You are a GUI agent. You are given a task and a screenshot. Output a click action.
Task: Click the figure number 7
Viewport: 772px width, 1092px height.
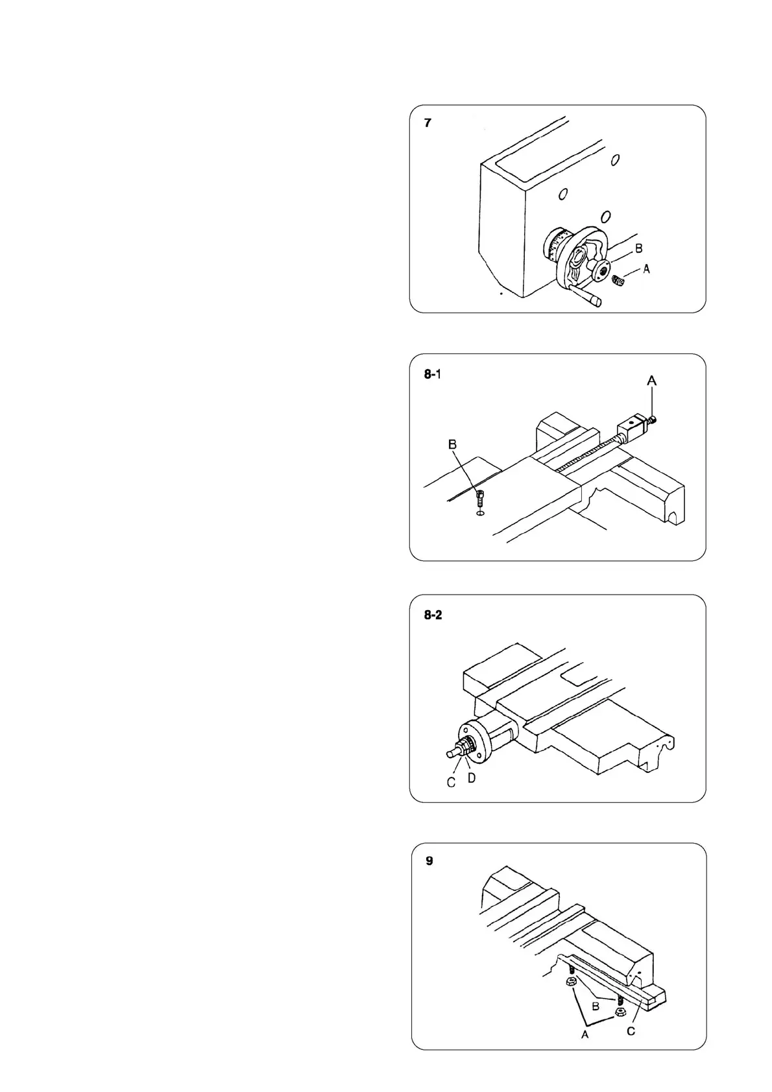click(428, 123)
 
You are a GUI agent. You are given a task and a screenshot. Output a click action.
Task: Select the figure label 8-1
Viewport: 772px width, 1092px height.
click(433, 374)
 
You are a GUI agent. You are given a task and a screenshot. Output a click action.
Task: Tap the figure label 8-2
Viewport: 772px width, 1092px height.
click(433, 615)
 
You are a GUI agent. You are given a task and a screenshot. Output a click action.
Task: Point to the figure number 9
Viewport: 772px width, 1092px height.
click(429, 861)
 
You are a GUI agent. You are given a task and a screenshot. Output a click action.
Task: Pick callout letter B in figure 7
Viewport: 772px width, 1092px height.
click(638, 248)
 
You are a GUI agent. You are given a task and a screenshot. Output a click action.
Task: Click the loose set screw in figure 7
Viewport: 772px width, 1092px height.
click(617, 282)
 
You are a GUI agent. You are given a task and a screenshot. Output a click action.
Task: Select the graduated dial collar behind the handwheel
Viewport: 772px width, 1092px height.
click(554, 246)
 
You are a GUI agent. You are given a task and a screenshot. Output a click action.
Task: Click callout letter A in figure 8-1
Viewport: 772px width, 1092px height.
click(652, 382)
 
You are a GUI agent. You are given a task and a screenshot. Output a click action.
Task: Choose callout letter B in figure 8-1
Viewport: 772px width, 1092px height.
click(453, 444)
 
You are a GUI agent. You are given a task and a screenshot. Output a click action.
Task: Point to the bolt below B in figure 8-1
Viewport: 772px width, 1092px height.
click(479, 499)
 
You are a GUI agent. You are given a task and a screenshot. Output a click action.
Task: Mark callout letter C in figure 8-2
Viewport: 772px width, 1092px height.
click(451, 783)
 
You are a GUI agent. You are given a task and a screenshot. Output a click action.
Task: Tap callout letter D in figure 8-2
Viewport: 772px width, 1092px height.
click(472, 777)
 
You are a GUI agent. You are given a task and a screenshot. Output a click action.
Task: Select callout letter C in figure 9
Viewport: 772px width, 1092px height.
click(631, 1030)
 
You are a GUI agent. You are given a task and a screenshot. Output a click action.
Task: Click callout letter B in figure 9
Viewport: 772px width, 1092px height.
click(596, 1006)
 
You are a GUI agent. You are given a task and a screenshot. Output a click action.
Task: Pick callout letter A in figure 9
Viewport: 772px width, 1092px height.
click(585, 1035)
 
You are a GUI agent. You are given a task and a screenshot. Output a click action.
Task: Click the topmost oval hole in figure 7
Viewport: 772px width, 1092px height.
click(616, 159)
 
